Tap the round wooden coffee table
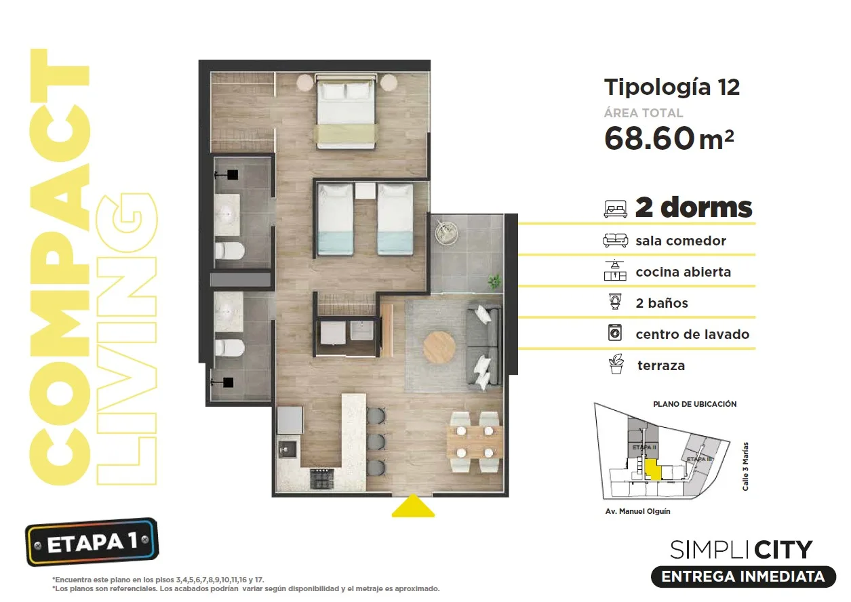[x=439, y=348]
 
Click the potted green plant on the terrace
[x=494, y=281]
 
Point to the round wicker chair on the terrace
[x=446, y=232]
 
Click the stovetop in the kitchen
[x=323, y=479]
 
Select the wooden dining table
[x=475, y=442]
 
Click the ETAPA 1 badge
[x=92, y=542]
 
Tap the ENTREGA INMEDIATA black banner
[x=743, y=576]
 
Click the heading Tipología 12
[x=672, y=87]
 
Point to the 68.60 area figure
[x=649, y=138]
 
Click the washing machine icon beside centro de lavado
[x=615, y=333]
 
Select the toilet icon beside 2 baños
[x=615, y=302]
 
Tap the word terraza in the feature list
[x=661, y=365]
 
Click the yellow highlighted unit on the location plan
[x=653, y=469]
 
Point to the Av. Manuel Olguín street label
[x=637, y=511]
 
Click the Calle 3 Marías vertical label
[x=745, y=466]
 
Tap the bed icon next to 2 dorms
[x=616, y=209]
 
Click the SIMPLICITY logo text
[x=741, y=550]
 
